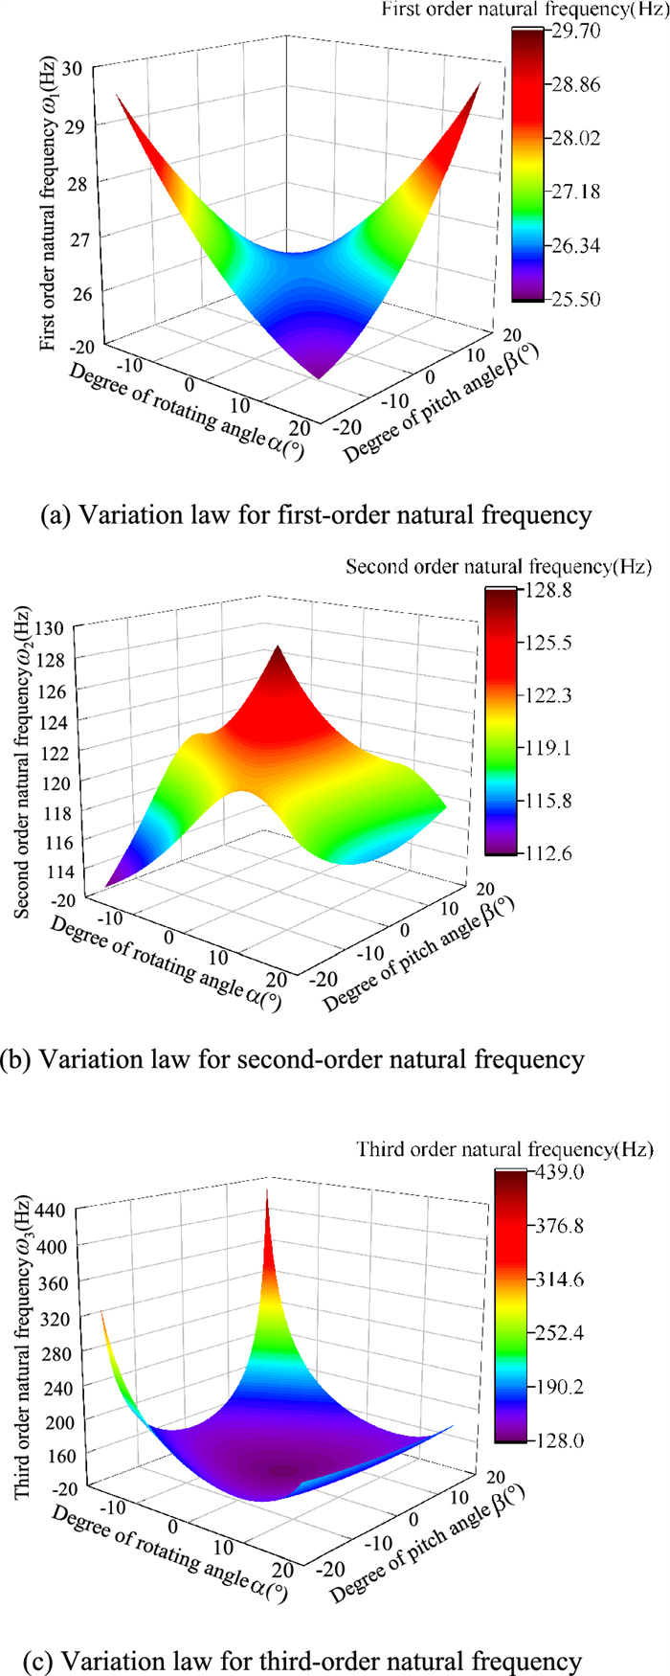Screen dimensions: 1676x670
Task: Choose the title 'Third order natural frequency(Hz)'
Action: [504, 1148]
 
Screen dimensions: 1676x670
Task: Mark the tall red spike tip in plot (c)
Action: [267, 1191]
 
